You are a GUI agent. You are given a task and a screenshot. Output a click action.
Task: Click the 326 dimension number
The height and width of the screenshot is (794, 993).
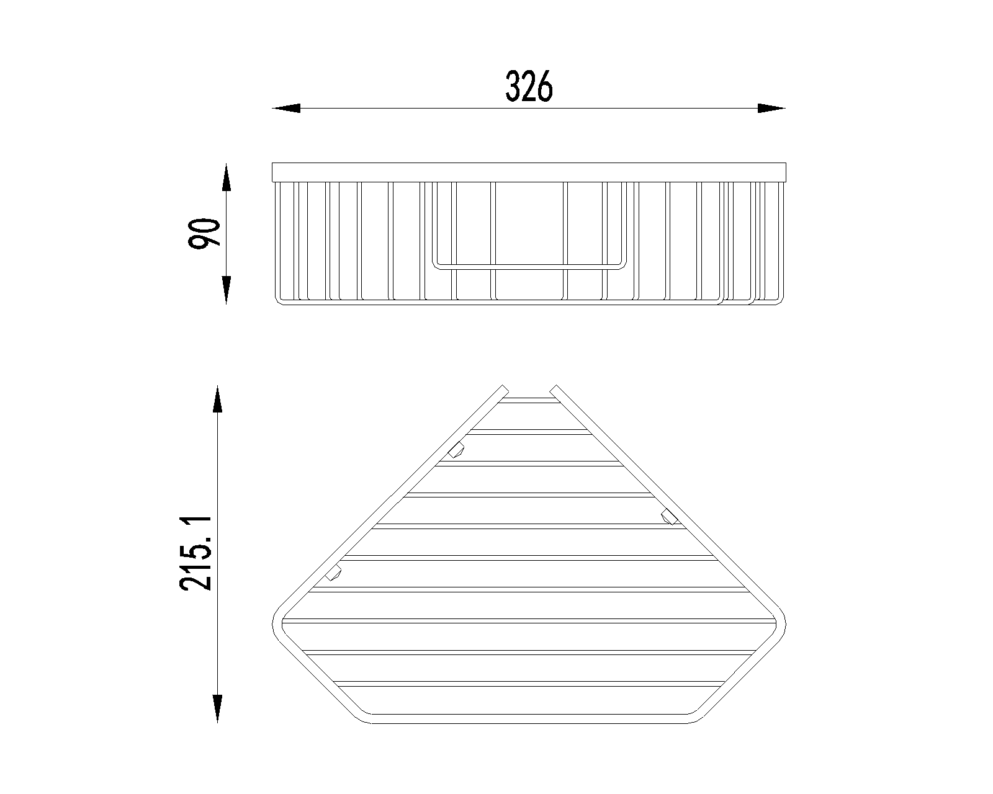(x=529, y=86)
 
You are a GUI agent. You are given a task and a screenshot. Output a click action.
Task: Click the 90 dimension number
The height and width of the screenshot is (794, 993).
(x=204, y=233)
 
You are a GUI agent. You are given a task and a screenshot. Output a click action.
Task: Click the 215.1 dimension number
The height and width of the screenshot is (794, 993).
(x=195, y=554)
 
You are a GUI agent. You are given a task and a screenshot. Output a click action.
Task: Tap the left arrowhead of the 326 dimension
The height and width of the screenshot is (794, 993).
(x=286, y=109)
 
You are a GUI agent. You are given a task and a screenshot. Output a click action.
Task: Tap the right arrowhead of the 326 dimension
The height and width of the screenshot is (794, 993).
(x=771, y=109)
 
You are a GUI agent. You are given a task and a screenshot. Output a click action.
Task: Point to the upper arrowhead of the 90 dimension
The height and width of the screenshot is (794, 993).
(x=226, y=177)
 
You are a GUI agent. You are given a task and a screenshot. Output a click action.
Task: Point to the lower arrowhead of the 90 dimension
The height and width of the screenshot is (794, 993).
(x=226, y=290)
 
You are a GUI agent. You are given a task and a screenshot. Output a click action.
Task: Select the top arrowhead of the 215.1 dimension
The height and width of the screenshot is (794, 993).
(x=218, y=399)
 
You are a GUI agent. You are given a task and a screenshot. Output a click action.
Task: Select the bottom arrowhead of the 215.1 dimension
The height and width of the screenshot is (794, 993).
(x=218, y=708)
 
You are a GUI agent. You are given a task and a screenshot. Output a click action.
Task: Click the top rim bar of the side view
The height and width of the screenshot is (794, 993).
(x=529, y=172)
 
